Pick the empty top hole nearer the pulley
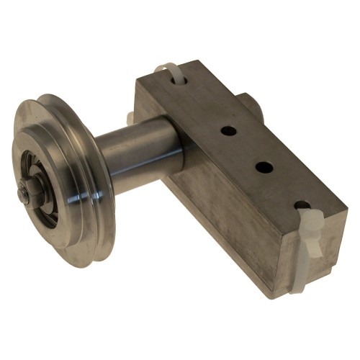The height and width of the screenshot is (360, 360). click(x=228, y=132)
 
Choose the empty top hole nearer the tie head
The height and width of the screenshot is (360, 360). click(x=264, y=167)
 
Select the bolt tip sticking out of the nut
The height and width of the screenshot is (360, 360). click(x=23, y=194)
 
